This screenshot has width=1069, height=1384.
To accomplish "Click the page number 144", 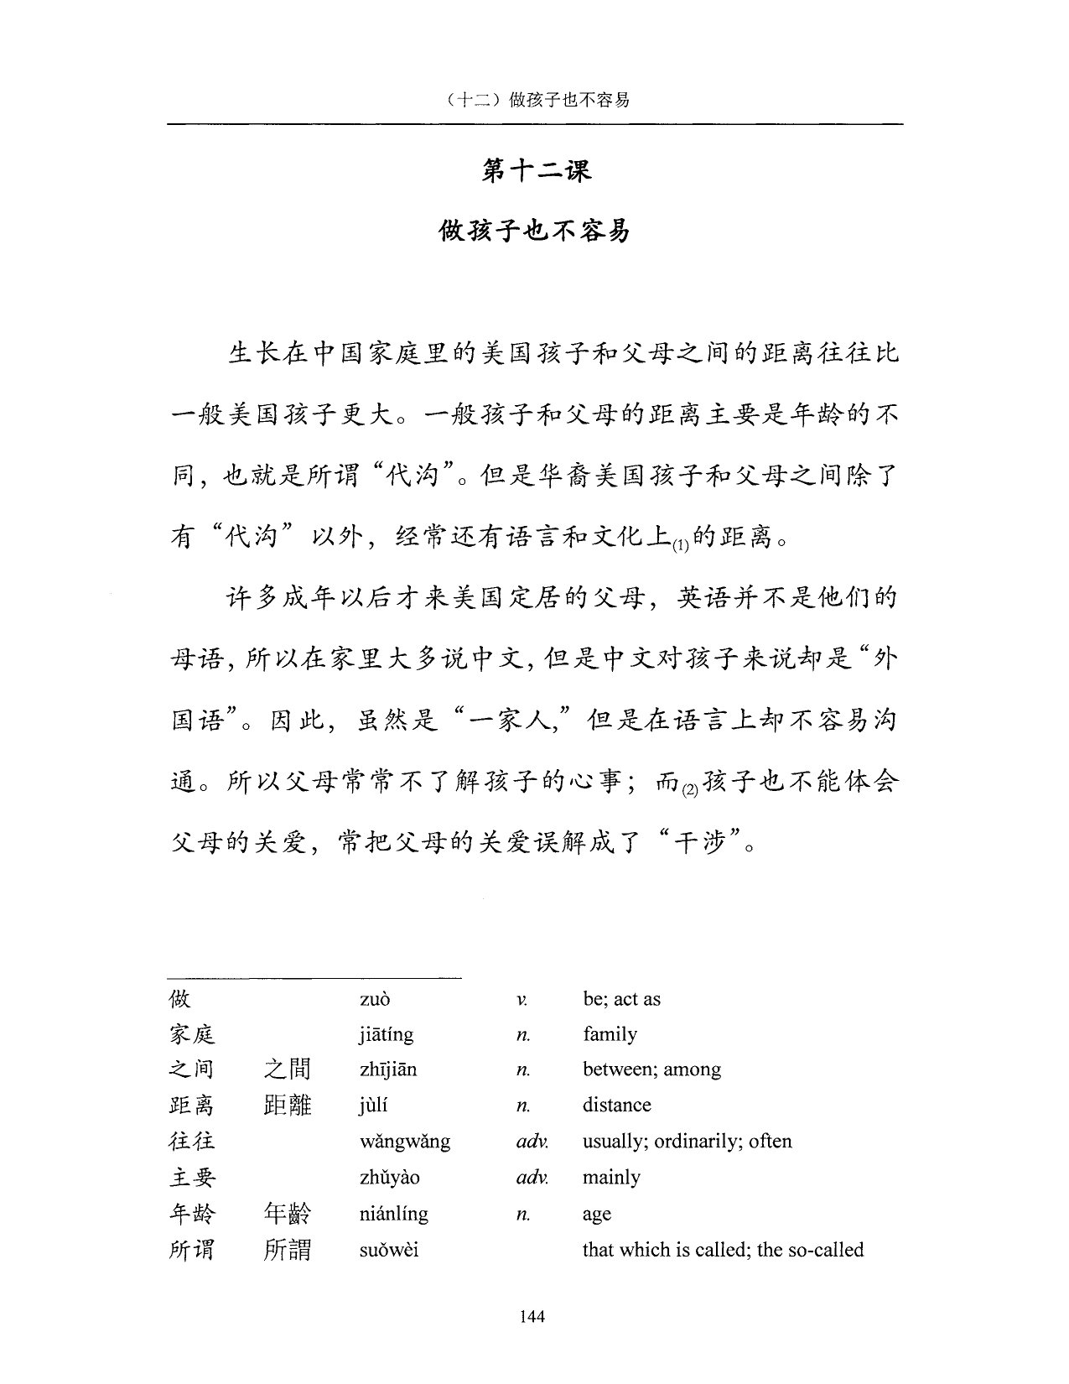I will click(x=532, y=1316).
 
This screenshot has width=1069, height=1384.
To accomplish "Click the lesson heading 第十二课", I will click(x=536, y=170).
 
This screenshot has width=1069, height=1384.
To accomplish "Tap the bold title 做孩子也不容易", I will click(x=535, y=231).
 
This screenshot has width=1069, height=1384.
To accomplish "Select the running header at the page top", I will click(x=535, y=101).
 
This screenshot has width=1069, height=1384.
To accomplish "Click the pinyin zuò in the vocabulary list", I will click(x=375, y=999).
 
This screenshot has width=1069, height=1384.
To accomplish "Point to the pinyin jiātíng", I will click(x=387, y=1034).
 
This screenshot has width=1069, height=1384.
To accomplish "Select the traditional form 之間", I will click(x=287, y=1069).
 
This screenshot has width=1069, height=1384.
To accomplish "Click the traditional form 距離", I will click(x=287, y=1106).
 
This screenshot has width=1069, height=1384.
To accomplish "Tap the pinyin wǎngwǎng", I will click(x=405, y=1142).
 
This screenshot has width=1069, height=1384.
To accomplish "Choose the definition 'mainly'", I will click(x=611, y=1178).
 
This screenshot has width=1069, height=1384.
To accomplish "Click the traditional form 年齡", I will click(x=287, y=1214).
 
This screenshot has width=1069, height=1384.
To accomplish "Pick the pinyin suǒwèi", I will click(x=389, y=1250).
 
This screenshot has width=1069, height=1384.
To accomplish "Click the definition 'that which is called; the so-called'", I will click(x=723, y=1250).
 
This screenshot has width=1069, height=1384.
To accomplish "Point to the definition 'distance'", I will click(x=616, y=1106).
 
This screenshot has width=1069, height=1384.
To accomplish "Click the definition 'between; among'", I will click(x=651, y=1069).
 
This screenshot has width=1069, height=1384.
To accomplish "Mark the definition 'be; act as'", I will click(x=621, y=999).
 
